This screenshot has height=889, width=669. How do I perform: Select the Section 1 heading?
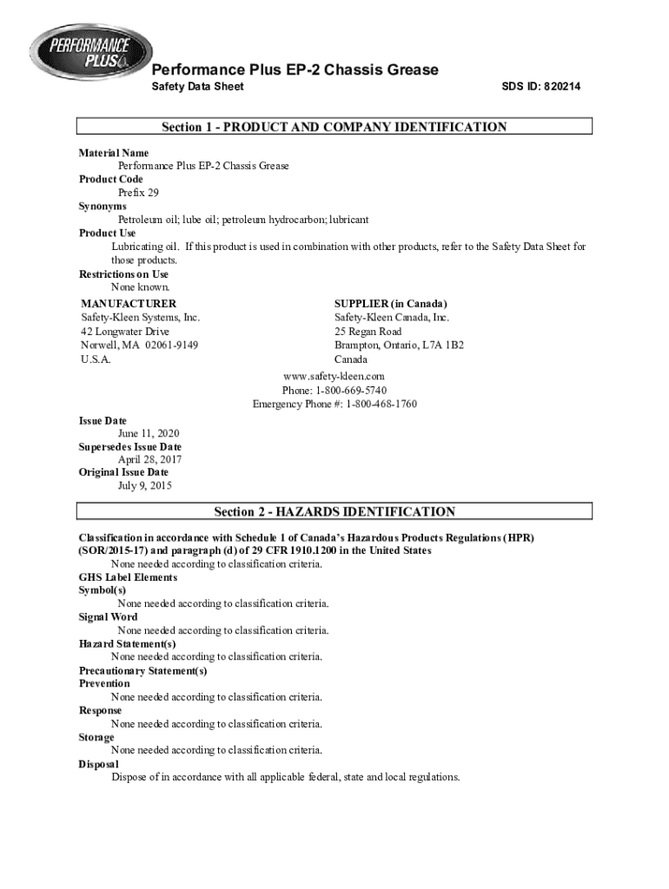[334, 128]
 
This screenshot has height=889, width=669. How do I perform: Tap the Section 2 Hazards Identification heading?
[334, 512]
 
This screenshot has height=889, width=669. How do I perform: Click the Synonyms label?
[103, 207]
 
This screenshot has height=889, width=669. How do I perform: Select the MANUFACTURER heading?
[129, 304]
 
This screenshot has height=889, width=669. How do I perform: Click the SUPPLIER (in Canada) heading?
[391, 304]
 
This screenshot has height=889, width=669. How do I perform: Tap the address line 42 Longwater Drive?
[125, 332]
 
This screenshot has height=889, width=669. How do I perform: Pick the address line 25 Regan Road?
[368, 332]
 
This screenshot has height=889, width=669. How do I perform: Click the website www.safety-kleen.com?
[334, 376]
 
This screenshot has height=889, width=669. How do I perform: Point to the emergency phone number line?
[334, 404]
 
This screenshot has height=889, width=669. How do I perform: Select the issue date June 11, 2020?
[149, 433]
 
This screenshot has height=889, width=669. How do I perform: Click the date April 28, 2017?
[150, 460]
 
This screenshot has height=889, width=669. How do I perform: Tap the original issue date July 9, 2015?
[145, 486]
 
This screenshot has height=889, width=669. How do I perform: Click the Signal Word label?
[108, 617]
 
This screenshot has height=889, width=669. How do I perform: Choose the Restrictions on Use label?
[123, 274]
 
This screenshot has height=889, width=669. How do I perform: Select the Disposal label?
[98, 764]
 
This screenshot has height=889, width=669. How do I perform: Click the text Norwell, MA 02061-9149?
[139, 346]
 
